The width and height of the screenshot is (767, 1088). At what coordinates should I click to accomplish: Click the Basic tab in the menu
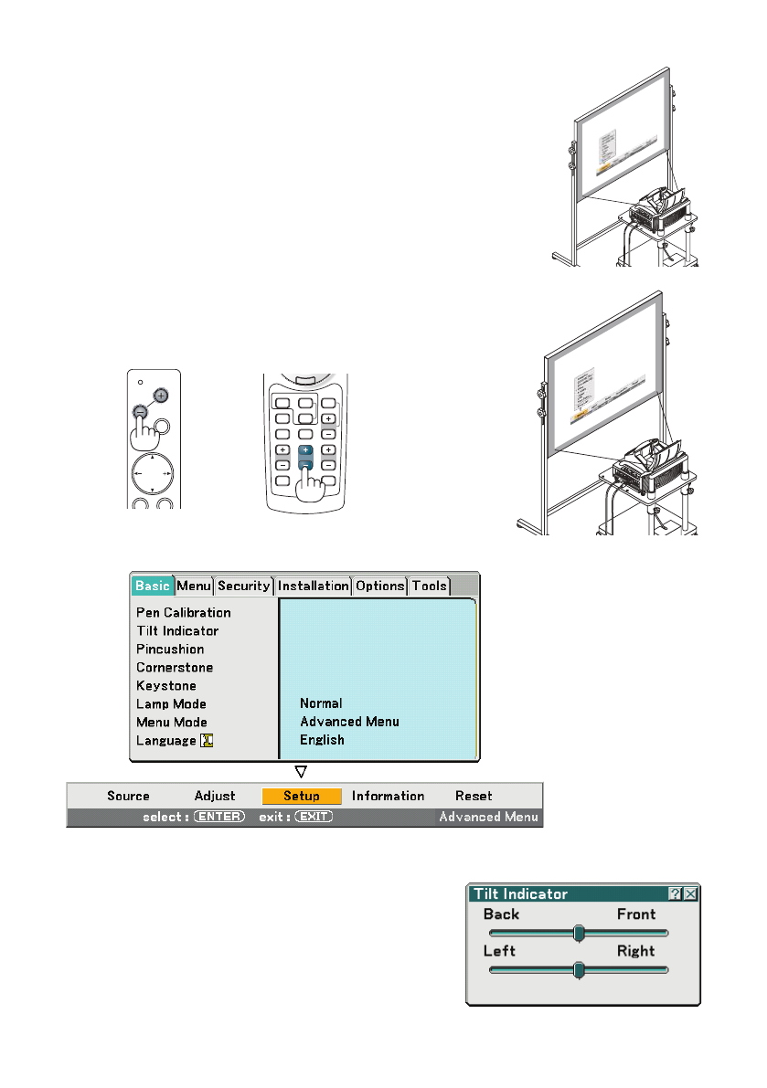click(x=152, y=586)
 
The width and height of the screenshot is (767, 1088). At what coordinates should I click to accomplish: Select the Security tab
click(x=244, y=586)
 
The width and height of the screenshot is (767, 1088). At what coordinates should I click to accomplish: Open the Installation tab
click(x=313, y=586)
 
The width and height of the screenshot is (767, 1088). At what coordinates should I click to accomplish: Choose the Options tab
click(x=379, y=586)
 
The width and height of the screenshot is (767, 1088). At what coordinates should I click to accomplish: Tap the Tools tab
click(x=429, y=586)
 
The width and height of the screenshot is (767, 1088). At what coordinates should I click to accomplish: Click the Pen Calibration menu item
click(x=184, y=612)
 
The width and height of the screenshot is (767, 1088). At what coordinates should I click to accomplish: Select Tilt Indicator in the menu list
click(x=177, y=630)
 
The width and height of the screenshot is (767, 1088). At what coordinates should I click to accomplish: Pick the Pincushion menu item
click(x=170, y=649)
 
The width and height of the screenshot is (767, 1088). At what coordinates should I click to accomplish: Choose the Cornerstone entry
click(x=175, y=667)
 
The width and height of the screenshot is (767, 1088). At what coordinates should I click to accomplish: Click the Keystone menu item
click(x=166, y=685)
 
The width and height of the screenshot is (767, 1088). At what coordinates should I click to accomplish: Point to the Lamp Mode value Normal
click(x=321, y=703)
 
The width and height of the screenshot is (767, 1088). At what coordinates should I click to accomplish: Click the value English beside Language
click(x=322, y=740)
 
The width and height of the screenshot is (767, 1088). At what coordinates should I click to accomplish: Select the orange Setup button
click(x=302, y=796)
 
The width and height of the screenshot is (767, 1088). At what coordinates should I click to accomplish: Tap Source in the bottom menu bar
click(x=128, y=796)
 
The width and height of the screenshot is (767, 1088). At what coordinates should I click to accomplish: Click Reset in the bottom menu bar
click(x=474, y=796)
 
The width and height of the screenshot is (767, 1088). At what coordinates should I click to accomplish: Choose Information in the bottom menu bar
click(x=388, y=796)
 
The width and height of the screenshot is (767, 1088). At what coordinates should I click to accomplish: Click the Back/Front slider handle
click(x=578, y=933)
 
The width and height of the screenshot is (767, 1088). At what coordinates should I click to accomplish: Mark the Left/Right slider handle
click(x=578, y=970)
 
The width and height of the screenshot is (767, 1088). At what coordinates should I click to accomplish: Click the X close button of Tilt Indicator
click(x=690, y=894)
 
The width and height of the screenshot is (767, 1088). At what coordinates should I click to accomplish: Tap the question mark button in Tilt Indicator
click(x=675, y=894)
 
